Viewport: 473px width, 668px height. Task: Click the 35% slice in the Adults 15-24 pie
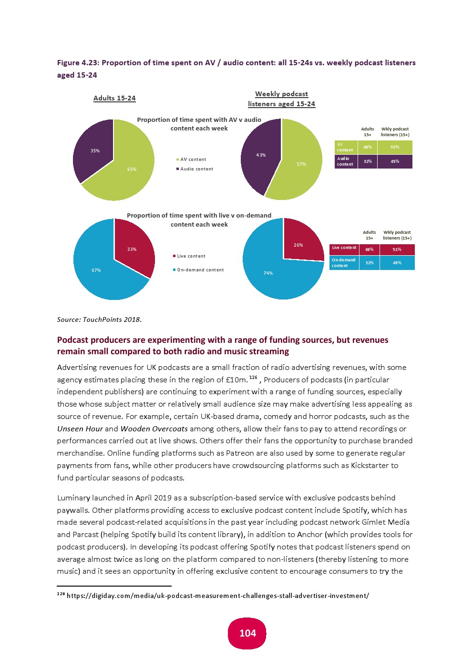(94, 150)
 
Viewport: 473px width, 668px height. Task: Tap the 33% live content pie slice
(132, 249)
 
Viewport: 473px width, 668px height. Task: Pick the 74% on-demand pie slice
(268, 273)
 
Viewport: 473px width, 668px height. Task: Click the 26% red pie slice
(298, 245)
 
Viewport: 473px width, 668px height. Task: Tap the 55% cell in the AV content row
(395, 147)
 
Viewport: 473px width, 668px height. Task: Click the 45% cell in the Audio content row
(395, 161)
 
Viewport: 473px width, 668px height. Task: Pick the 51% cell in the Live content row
(397, 249)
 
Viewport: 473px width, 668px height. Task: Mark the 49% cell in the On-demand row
(397, 263)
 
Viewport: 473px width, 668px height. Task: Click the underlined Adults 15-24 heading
(114, 98)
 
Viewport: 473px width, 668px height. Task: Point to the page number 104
(247, 633)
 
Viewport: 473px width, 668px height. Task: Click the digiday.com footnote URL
(218, 596)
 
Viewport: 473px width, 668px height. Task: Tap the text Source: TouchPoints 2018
(99, 319)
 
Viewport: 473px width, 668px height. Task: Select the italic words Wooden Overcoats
(154, 429)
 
